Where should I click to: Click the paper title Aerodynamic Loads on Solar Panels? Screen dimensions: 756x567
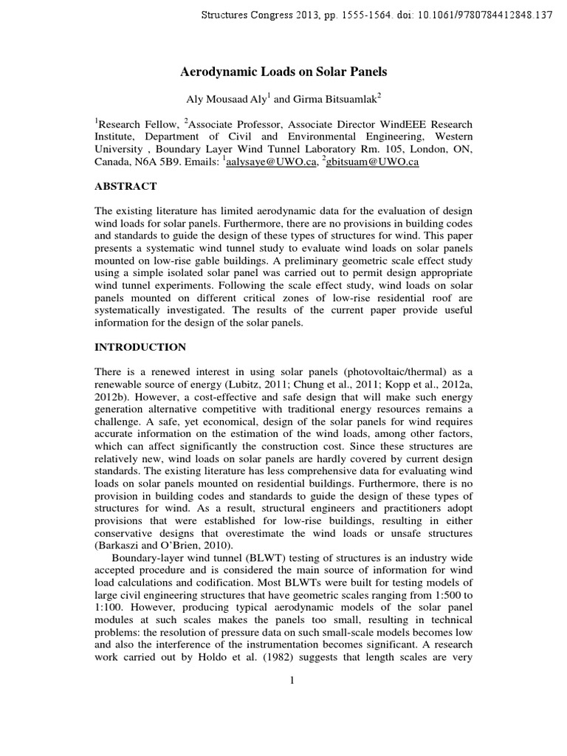(x=283, y=72)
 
